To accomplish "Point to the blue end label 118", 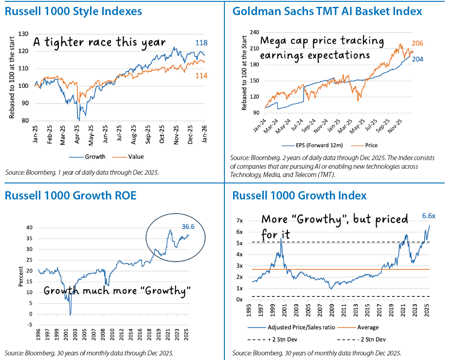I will pyautogui.click(x=202, y=43).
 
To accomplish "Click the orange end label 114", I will pyautogui.click(x=201, y=75).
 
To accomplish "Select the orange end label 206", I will pyautogui.click(x=418, y=43).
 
